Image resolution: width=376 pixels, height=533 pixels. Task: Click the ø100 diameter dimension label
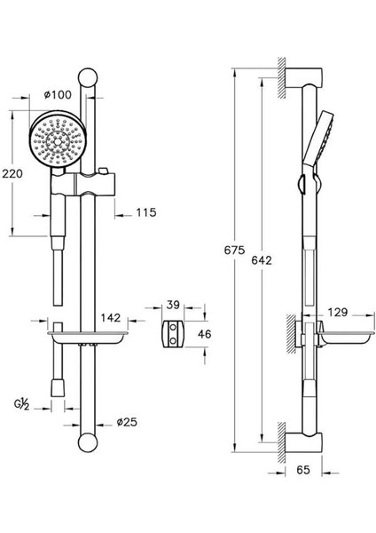pos(58,94)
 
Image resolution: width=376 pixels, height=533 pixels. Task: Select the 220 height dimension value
pos(12,174)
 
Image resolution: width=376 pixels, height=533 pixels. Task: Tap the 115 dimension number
pos(146,212)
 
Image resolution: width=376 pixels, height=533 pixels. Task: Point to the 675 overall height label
pos(234,251)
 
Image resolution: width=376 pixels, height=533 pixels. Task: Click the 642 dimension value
pos(262,260)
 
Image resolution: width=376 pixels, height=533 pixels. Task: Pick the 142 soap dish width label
pos(111,318)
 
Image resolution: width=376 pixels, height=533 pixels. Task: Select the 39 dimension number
pos(173,305)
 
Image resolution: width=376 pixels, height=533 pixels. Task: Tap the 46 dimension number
pos(205,334)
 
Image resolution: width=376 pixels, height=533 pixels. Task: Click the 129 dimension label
pos(338,312)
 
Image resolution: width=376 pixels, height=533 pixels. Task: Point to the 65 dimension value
pos(303,470)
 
